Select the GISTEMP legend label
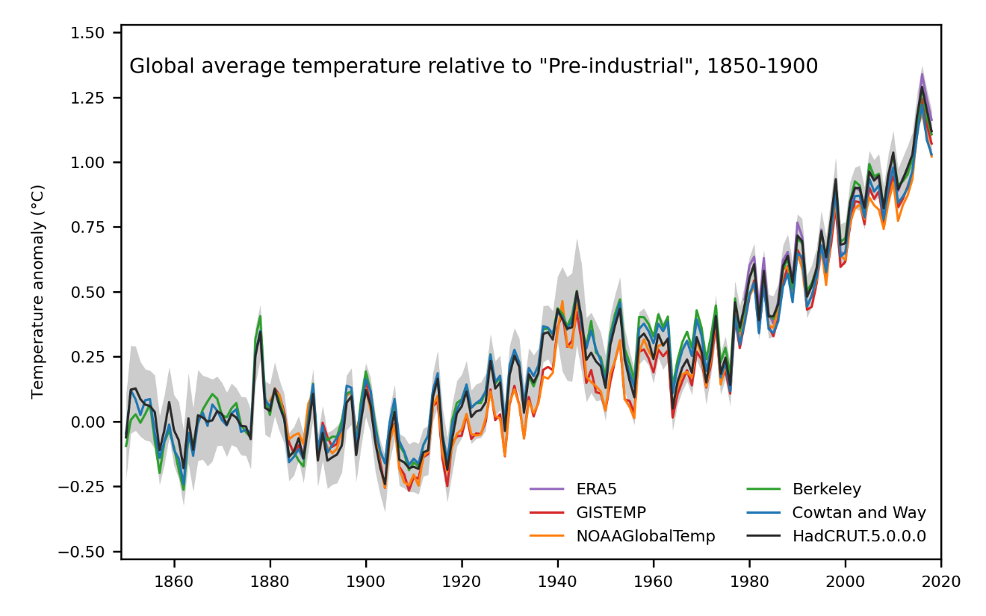[610, 513]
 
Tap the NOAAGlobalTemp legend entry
[645, 536]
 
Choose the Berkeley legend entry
[826, 490]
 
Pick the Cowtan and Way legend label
[858, 513]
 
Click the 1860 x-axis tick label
[174, 579]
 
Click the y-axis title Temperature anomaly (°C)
[38, 292]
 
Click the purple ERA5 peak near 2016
[922, 74]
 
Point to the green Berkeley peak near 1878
[260, 316]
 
